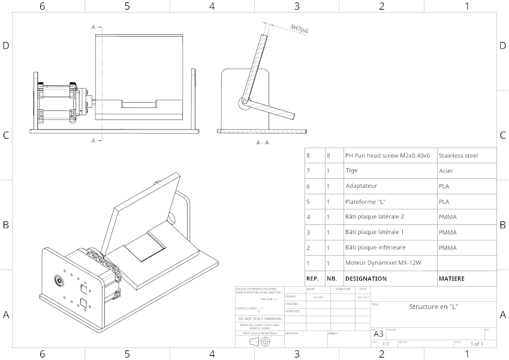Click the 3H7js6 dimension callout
pos(299,28)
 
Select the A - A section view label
pos(263,143)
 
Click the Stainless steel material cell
pos(458,155)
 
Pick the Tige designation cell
pos(351,170)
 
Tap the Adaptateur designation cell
pos(361,186)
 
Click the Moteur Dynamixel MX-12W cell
pos(383,263)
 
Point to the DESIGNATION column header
pos(366,278)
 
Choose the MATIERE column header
pos(451,278)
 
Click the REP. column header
pos(312,278)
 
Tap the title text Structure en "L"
pos(433,307)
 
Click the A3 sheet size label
pos(378,334)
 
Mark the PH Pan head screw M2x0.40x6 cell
pos(387,155)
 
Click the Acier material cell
pos(446,170)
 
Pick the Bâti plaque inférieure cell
pos(375,247)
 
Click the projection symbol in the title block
pos(259,341)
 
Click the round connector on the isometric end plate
pos(59,280)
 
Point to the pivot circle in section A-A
pos(244,103)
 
